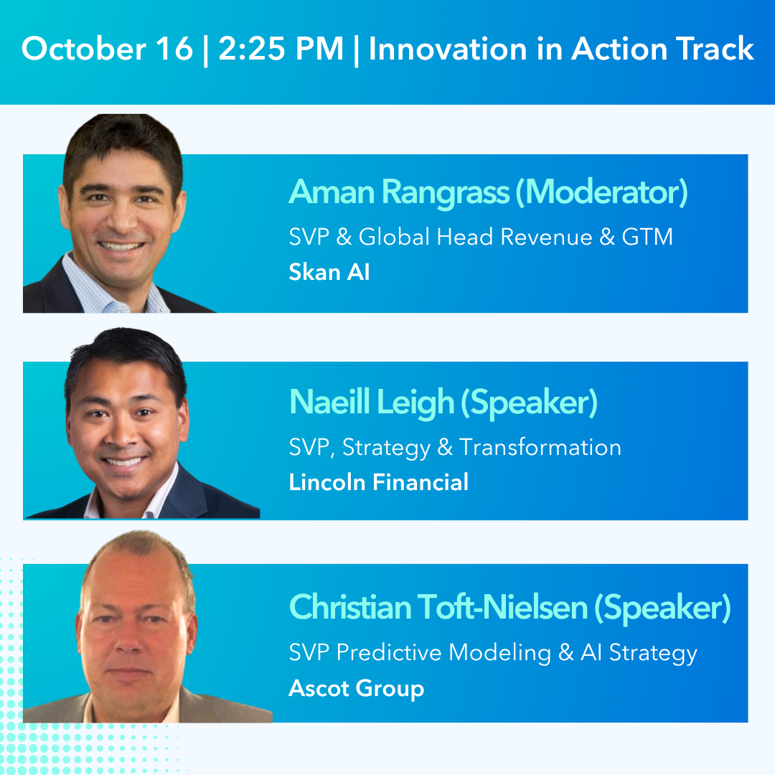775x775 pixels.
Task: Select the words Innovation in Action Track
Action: (x=561, y=50)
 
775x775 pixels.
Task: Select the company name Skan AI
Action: (x=329, y=273)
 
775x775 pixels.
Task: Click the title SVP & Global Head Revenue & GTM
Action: (x=481, y=237)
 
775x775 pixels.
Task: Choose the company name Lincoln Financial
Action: (x=378, y=482)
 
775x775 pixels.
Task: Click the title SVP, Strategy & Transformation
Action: (x=455, y=447)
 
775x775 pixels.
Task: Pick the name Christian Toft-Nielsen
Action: (x=438, y=608)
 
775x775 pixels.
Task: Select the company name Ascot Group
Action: (x=356, y=688)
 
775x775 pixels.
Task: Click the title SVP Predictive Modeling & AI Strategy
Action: (x=493, y=652)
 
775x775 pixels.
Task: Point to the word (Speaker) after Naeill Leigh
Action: (x=529, y=403)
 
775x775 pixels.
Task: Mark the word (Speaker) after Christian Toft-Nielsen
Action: (x=662, y=608)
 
